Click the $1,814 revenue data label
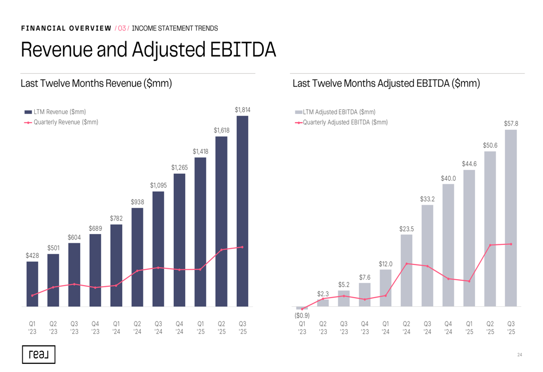242,110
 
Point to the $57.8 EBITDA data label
511,124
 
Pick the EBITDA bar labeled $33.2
427,255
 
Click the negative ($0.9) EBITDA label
302,316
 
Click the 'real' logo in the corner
39,354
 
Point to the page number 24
520,355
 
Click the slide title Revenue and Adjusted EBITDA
148,50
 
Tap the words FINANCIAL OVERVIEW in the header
66,28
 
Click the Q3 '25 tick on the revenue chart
242,327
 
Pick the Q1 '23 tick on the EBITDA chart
302,327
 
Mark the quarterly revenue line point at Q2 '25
222,250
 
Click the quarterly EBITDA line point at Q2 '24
407,264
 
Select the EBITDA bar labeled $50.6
490,229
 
